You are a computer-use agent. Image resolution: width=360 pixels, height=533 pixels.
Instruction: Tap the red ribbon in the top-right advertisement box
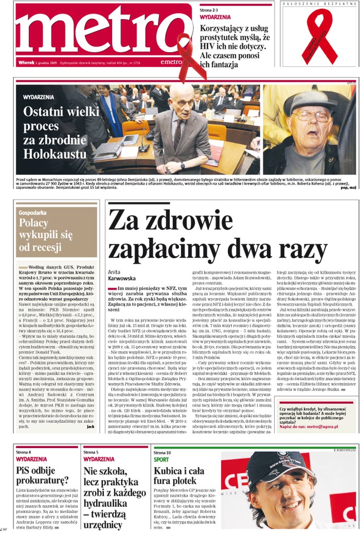click(x=321, y=33)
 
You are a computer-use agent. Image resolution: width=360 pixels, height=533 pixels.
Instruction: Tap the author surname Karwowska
click(x=122, y=278)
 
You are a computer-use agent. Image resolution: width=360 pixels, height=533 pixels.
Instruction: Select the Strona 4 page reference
click(x=24, y=452)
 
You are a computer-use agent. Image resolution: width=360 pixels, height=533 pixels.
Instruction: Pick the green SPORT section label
click(x=161, y=459)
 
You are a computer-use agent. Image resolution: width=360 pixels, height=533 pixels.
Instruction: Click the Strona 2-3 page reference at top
click(x=209, y=10)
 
